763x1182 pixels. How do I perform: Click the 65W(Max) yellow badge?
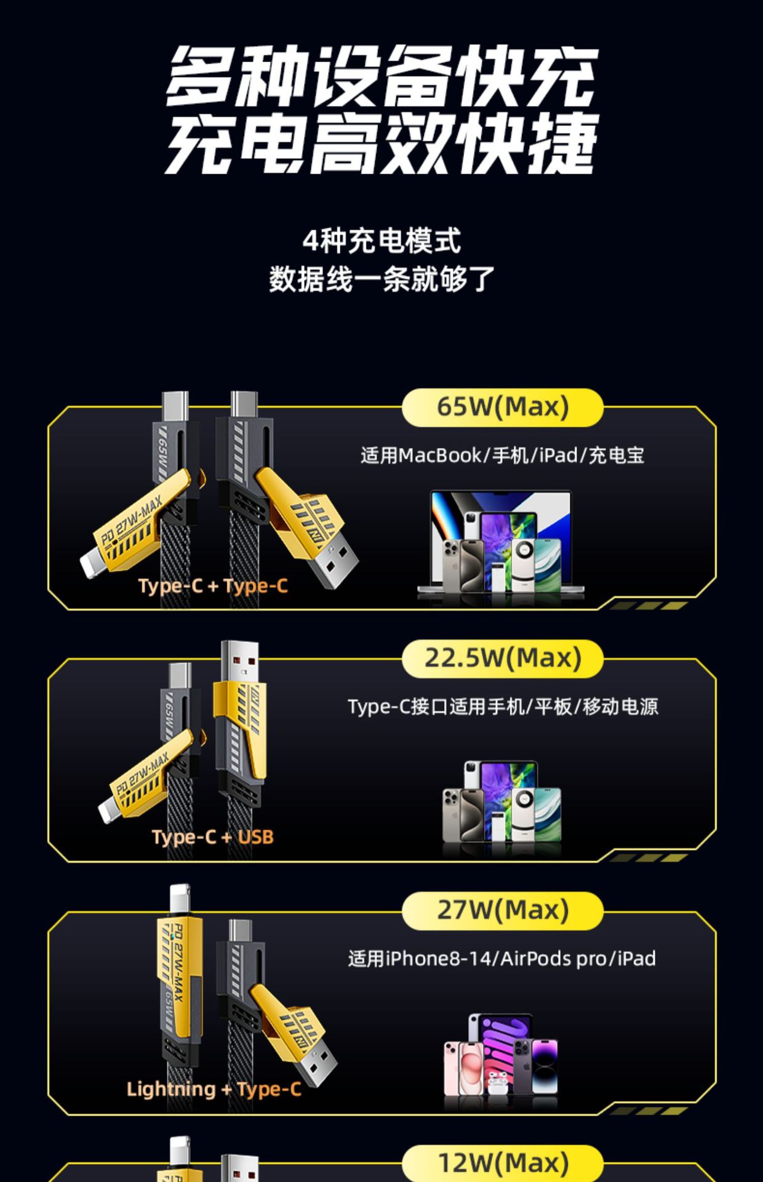click(x=502, y=407)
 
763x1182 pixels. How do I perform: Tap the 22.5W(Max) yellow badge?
click(x=502, y=658)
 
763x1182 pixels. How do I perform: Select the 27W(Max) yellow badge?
click(x=502, y=910)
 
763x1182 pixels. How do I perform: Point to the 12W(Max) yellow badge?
click(x=502, y=1162)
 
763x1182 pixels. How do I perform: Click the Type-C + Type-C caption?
click(x=213, y=585)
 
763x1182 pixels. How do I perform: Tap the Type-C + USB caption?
click(x=212, y=837)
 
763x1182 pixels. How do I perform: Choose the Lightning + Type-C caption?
click(x=214, y=1089)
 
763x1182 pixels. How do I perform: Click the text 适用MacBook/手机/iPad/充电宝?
click(x=502, y=456)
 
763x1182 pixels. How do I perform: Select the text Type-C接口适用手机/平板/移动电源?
click(x=502, y=707)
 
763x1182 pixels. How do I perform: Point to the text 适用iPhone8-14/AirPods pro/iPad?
click(x=502, y=959)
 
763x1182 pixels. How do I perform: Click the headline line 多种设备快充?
click(x=381, y=77)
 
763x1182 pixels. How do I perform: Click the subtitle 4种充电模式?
click(x=381, y=241)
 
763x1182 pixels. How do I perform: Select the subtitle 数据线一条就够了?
click(x=381, y=279)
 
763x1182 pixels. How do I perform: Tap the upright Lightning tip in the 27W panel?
click(x=180, y=900)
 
